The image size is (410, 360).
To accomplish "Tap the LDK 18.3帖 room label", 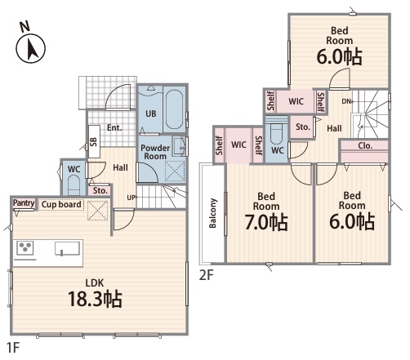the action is (x=95, y=294).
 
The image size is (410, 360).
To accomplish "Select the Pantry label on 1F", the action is (x=24, y=203).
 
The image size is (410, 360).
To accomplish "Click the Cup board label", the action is (x=61, y=204).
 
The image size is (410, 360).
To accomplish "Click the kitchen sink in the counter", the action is (x=67, y=248).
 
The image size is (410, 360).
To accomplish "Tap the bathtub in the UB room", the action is (x=175, y=110).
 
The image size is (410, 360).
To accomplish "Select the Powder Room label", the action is (x=155, y=152).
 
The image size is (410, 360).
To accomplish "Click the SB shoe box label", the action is (x=93, y=142).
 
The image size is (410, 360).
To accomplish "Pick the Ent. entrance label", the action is (x=114, y=127).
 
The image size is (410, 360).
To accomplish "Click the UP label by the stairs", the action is (x=131, y=198).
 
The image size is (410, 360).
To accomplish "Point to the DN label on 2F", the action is (x=346, y=101).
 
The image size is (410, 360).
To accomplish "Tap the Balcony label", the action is (x=212, y=213).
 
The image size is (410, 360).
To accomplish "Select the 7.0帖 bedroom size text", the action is (x=266, y=222).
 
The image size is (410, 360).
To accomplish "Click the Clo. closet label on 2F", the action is (x=365, y=146).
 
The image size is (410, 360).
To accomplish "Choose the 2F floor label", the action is (x=206, y=275).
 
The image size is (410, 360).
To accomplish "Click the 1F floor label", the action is (x=13, y=348).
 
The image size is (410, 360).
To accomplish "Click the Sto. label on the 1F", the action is (x=100, y=191).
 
